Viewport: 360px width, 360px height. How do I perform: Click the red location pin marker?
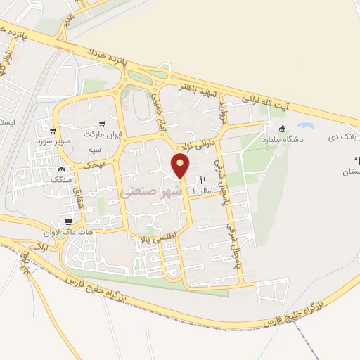pyautogui.click(x=181, y=166)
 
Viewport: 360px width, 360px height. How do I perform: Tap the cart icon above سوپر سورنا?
pyautogui.click(x=52, y=130)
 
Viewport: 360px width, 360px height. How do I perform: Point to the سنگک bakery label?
pyautogui.click(x=61, y=179)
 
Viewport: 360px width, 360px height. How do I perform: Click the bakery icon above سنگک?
pyautogui.click(x=61, y=169)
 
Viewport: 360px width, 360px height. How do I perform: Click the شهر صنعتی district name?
pyautogui.click(x=151, y=191)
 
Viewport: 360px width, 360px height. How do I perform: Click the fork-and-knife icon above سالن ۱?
pyautogui.click(x=203, y=180)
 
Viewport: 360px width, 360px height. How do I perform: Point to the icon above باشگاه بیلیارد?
pyautogui.click(x=282, y=129)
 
